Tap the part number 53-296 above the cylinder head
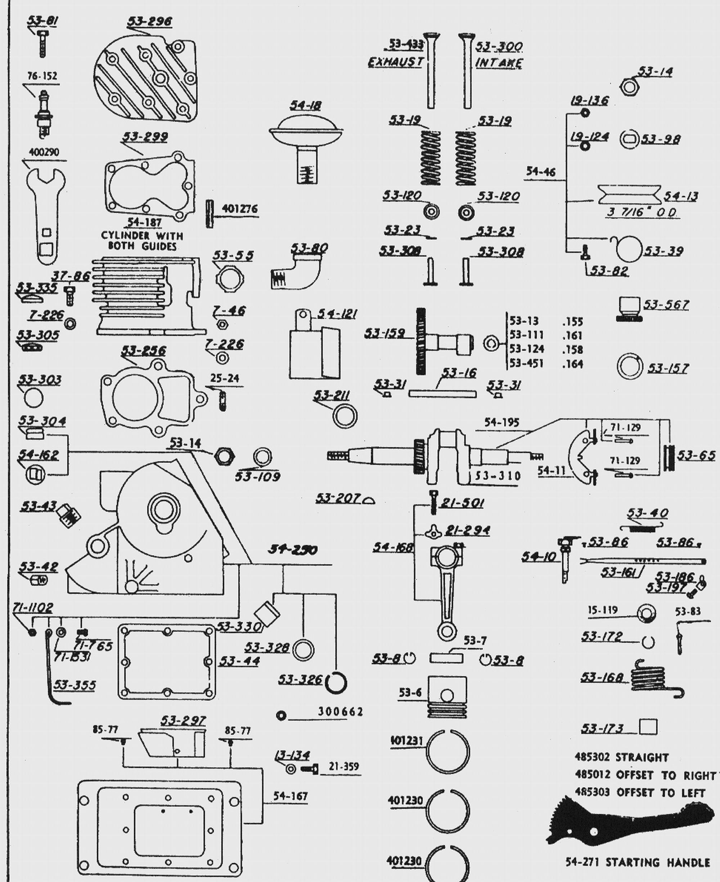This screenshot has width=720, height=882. coord(149,21)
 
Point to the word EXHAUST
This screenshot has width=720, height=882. coord(395,62)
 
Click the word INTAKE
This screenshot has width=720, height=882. coord(499,63)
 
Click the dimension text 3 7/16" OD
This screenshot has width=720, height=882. coord(642,212)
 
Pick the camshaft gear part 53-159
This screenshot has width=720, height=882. coord(442,342)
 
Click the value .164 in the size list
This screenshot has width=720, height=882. coord(573,364)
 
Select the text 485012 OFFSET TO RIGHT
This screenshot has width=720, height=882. coord(645,775)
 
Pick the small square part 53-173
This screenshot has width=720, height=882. coord(648,727)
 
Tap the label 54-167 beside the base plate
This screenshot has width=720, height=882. coord(290,796)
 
